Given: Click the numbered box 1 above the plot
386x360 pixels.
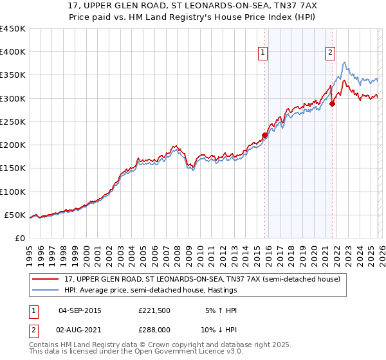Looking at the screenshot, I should (x=264, y=53).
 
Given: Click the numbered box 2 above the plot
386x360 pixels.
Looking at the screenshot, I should (x=330, y=53).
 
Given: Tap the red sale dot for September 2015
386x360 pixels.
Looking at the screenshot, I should (x=264, y=135).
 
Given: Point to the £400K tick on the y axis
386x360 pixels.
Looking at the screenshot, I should (x=13, y=52).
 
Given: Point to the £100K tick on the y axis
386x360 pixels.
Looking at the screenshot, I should (x=13, y=192).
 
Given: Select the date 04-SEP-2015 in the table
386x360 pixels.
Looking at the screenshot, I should (x=80, y=310).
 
